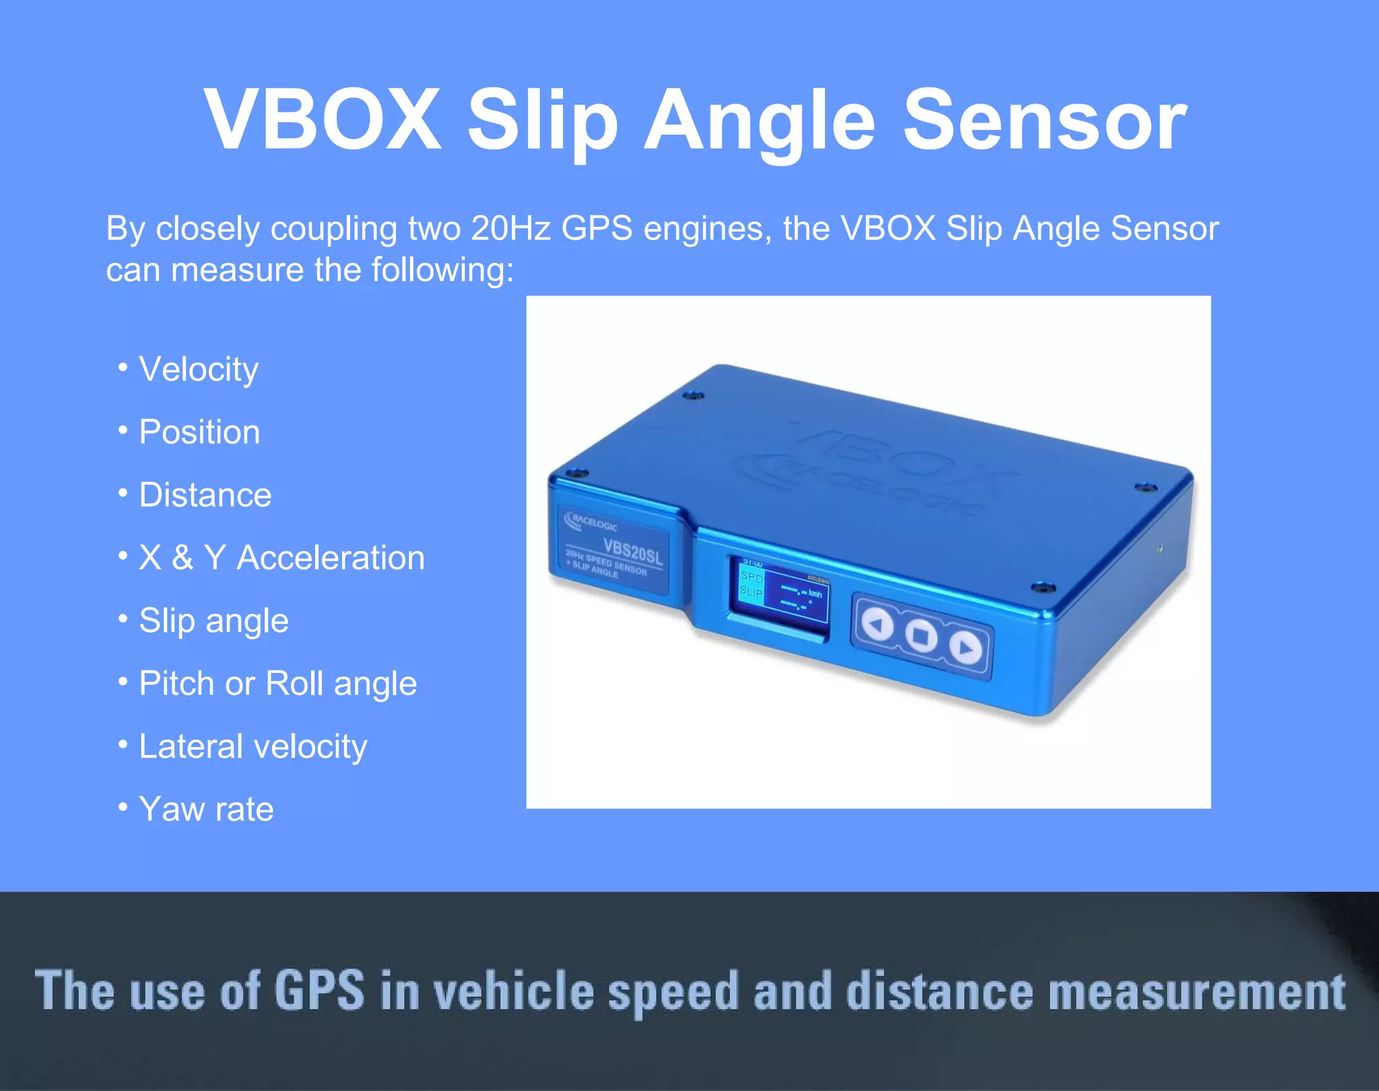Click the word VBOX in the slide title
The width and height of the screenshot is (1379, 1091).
tap(323, 120)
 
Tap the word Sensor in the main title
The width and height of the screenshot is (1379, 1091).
tap(1044, 120)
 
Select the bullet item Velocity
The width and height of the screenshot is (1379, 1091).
tap(198, 369)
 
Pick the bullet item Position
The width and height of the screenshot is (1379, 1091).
tap(199, 431)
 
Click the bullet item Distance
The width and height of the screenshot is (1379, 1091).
tap(205, 495)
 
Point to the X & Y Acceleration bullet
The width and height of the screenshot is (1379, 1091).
tap(281, 557)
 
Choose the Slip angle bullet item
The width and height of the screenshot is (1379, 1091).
tap(213, 621)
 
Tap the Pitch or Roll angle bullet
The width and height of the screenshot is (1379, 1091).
tap(277, 683)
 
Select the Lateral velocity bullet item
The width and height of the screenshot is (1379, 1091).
tap(253, 746)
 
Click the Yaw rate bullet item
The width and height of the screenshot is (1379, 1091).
tap(206, 809)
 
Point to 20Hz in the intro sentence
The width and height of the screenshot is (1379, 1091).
tap(511, 228)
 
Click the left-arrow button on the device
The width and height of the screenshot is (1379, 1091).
tap(877, 625)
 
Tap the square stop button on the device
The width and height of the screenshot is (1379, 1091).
tap(920, 635)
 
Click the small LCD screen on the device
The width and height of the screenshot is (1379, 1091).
tap(780, 592)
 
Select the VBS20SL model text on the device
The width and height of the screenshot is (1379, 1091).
tap(632, 552)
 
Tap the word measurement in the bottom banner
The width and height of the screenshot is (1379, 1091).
tap(1197, 991)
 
